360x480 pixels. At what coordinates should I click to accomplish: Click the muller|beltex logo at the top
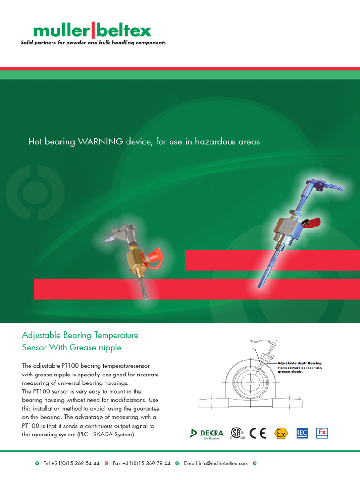tap(92, 31)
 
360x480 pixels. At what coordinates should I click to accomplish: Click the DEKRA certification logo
tap(207, 434)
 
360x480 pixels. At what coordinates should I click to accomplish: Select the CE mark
tap(258, 433)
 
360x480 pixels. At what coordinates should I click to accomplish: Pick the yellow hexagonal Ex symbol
tap(281, 433)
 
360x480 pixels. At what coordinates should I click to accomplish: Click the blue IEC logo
tap(302, 433)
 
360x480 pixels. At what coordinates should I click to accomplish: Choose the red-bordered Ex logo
tap(322, 432)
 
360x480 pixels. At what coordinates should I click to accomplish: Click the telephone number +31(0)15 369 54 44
tap(71, 463)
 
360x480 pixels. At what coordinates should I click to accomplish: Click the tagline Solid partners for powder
tap(93, 43)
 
